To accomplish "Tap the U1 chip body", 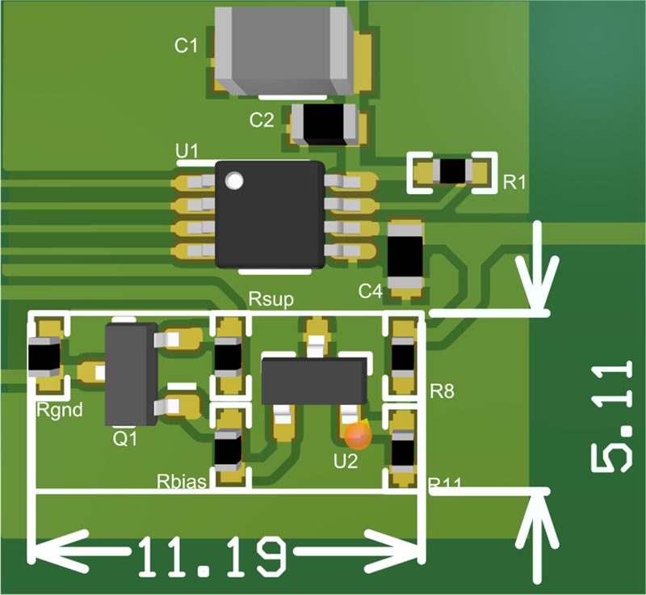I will [270, 215].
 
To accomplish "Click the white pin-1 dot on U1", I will [234, 180].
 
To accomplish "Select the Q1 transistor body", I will [131, 373].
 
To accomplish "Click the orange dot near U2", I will [358, 437].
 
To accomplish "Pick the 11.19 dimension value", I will [212, 556].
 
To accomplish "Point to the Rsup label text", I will [271, 300].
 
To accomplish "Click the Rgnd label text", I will [60, 410].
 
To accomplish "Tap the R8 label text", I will [443, 393].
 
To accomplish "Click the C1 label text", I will [187, 46].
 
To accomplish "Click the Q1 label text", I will [126, 439].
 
